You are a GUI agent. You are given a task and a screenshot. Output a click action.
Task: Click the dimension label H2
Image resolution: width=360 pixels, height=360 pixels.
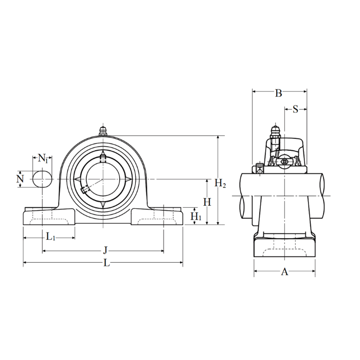coord(220,184)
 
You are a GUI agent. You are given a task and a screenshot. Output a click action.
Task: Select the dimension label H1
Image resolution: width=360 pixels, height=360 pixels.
coord(196,217)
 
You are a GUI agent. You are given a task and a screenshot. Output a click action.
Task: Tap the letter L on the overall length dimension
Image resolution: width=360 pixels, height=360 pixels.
coord(106,263)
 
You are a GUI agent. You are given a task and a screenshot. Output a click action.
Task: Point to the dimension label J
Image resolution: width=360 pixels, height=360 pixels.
coord(105,250)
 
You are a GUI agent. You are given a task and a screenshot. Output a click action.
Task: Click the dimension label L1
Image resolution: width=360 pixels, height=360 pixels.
coord(50,237)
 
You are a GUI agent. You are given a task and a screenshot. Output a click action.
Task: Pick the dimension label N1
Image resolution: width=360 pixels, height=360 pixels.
coord(43,158)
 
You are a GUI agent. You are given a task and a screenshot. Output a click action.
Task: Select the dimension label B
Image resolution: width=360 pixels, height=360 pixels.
coord(278,93)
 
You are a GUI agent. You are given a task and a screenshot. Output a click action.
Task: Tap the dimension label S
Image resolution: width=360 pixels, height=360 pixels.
coord(295,109)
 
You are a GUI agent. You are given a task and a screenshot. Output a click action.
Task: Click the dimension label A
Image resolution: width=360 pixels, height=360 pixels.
coord(284,272)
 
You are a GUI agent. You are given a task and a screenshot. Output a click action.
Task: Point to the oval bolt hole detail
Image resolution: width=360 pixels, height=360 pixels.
coord(42,179)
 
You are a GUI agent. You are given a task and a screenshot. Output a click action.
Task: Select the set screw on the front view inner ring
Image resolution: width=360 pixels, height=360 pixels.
coord(85,189)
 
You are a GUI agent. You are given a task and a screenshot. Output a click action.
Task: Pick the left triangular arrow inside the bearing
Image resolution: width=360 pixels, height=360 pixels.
coord(78,179)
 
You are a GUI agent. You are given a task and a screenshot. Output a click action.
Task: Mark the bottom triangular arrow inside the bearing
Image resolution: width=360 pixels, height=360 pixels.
coord(103,205)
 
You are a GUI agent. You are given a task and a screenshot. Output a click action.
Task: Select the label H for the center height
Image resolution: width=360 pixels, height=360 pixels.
coord(207,202)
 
